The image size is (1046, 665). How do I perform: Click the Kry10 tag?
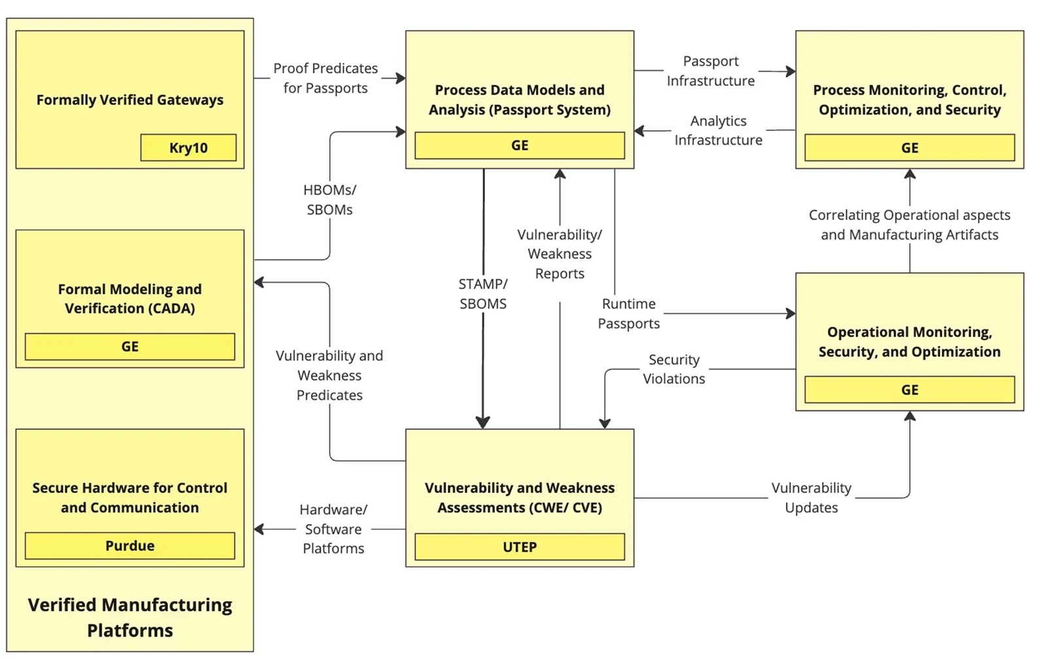click(x=189, y=148)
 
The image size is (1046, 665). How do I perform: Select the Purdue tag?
click(x=130, y=546)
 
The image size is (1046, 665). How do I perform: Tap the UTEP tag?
click(x=520, y=547)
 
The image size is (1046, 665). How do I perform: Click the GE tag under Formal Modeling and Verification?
click(x=130, y=347)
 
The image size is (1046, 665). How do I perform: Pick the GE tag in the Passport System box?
click(x=520, y=145)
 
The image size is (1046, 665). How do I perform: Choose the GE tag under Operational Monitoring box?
click(x=909, y=390)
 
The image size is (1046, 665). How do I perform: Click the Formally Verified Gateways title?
click(x=130, y=100)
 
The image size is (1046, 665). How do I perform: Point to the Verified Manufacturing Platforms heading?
click(x=130, y=617)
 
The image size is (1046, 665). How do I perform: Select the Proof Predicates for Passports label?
click(x=325, y=78)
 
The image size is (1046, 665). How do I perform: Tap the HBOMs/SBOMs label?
click(x=330, y=200)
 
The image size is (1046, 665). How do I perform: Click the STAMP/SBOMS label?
click(x=483, y=294)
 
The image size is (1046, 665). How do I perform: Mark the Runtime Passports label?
click(x=629, y=314)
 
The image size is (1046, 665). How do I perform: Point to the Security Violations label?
click(x=674, y=369)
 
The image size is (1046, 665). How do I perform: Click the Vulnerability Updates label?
click(x=811, y=497)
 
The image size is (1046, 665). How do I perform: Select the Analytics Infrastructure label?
click(x=718, y=130)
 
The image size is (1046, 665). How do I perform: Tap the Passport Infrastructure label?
click(x=711, y=71)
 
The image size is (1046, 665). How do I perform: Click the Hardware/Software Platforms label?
click(x=333, y=529)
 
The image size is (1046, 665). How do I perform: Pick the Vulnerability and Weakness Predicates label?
click(x=329, y=375)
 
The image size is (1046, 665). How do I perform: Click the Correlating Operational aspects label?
click(x=909, y=225)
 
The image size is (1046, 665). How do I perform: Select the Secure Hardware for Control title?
click(x=130, y=497)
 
